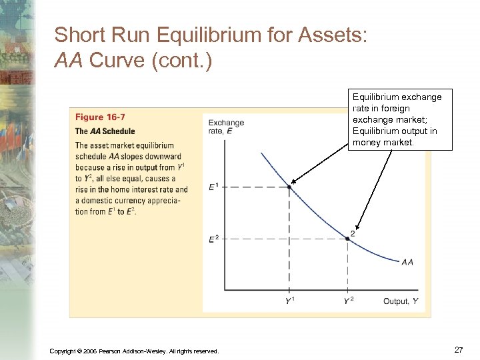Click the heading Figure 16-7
point(100,117)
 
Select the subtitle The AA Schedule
point(105,131)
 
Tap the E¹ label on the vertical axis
point(213,187)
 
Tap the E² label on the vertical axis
point(213,239)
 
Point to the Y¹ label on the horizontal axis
point(291,301)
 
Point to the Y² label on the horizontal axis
point(348,301)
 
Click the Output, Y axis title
point(401,301)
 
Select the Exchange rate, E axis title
point(226,127)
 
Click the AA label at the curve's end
point(407,261)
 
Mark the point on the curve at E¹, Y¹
point(289,187)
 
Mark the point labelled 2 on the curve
point(348,238)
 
